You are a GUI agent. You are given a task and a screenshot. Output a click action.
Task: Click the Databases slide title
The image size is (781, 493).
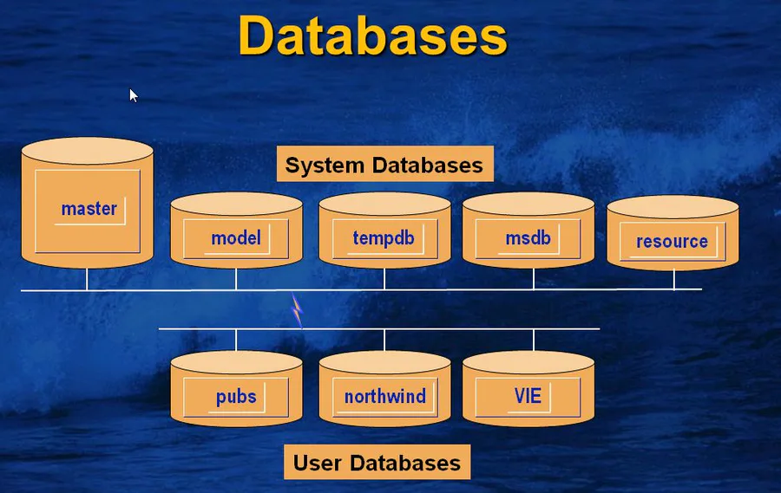pos(372,36)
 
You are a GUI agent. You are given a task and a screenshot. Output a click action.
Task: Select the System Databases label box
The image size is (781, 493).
pos(385,164)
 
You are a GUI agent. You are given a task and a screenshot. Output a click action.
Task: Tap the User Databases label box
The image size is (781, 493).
pos(377,462)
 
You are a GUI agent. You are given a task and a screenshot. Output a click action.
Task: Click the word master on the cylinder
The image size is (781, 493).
pos(89,209)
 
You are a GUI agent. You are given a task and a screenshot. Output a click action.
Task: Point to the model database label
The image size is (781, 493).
pos(236,237)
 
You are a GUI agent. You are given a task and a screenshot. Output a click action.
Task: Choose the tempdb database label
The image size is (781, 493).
pos(384,237)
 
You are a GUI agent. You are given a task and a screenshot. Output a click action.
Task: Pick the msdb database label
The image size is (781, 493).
pos(528,238)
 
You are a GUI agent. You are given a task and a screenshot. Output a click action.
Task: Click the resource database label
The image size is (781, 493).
pos(672,241)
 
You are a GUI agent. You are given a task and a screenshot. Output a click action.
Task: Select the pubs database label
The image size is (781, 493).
pos(236,397)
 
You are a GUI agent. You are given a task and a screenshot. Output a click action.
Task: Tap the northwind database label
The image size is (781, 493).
pos(385,397)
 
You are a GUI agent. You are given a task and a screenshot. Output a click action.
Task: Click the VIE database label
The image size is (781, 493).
pos(528,396)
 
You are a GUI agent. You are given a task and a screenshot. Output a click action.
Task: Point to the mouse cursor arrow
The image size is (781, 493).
pos(133,95)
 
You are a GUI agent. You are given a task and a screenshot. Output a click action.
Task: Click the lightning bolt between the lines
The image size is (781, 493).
pos(298,310)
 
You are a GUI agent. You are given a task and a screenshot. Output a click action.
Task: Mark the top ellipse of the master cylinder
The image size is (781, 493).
pos(87,151)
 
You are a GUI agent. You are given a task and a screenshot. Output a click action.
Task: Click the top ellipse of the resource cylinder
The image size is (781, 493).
pos(673,206)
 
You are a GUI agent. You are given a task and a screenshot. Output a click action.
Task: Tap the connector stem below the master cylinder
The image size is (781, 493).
pos(87,279)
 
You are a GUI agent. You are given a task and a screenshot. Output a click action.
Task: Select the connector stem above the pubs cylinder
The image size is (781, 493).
pos(236,340)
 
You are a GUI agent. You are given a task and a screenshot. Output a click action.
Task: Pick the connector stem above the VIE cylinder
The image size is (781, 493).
pos(534,340)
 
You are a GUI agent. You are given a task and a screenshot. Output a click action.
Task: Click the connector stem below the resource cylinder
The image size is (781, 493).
pos(674,280)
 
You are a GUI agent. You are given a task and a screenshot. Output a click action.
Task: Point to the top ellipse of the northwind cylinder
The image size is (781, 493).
pos(384,362)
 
